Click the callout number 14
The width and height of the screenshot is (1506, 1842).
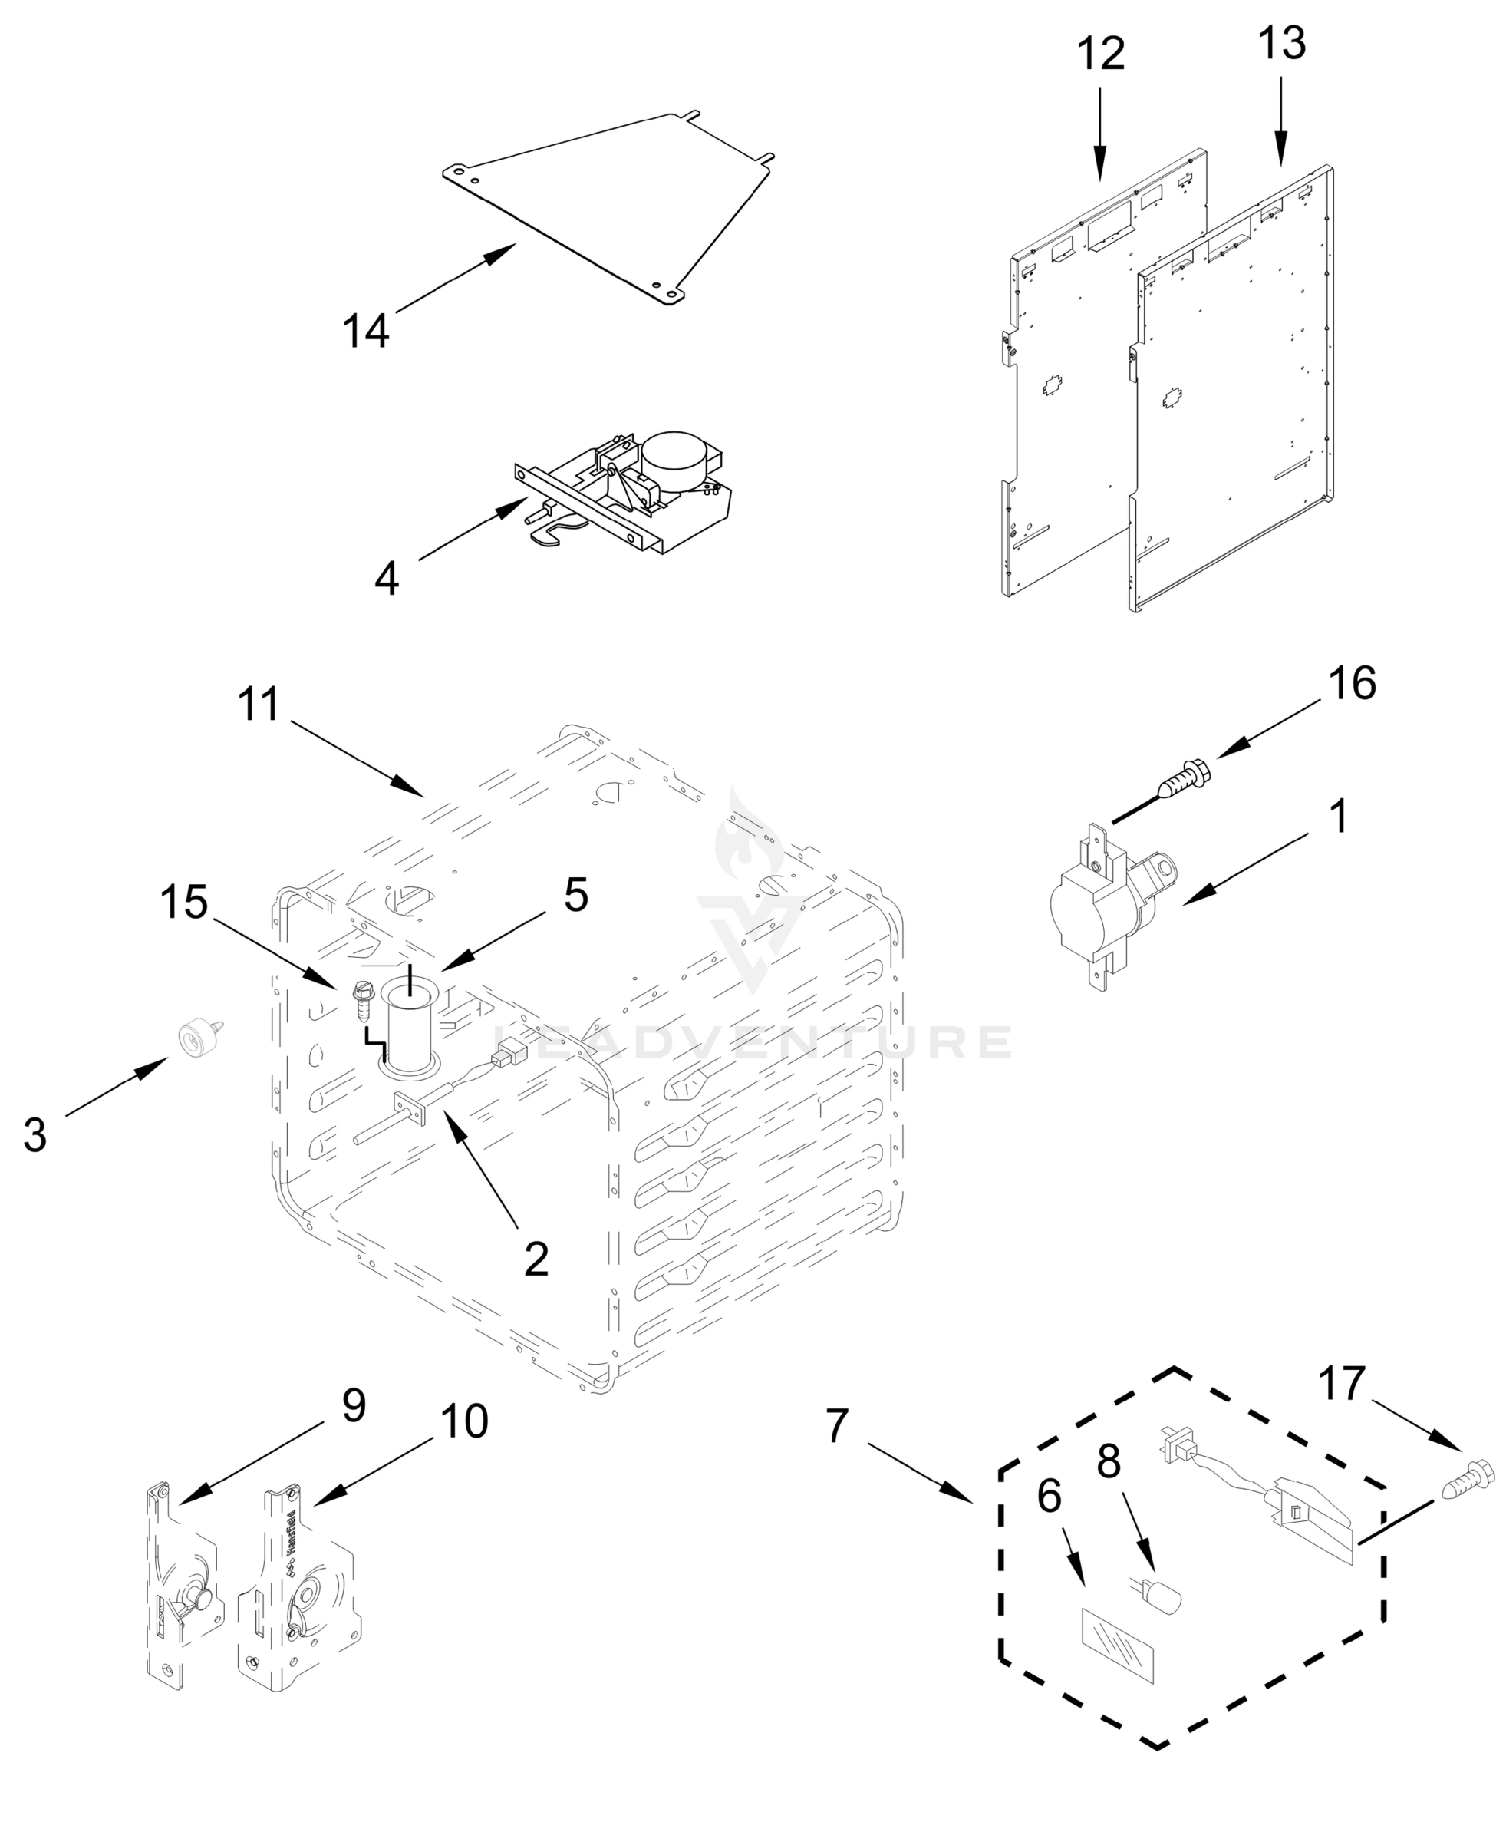[365, 332]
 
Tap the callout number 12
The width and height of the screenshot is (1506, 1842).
[1101, 54]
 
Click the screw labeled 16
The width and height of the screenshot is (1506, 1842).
[1181, 779]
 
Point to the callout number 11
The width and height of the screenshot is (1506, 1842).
[259, 705]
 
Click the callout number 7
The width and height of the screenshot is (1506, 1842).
[835, 1427]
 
